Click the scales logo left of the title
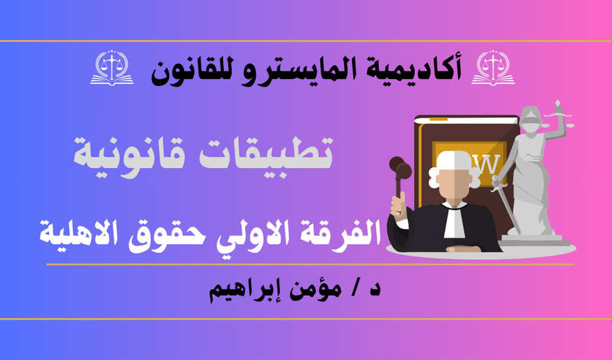coord(112,68)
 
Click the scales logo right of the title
coord(493,68)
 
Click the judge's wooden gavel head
coord(401,168)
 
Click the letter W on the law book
coord(488,165)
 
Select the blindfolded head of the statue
coord(530,120)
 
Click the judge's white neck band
coord(454,222)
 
